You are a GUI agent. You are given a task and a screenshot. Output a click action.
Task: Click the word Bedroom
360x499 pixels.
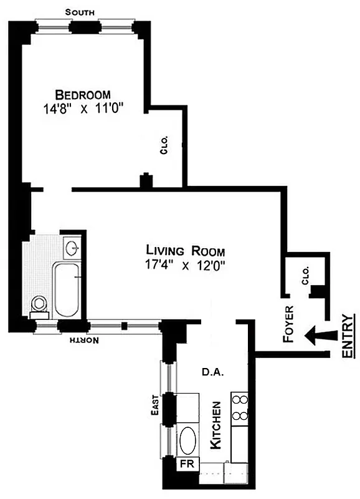[83, 95]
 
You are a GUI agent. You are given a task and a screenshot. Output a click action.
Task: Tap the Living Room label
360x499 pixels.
[181, 251]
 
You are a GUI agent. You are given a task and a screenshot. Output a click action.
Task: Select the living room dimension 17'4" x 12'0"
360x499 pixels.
[181, 265]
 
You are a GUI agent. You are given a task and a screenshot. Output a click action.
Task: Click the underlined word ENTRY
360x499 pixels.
[349, 337]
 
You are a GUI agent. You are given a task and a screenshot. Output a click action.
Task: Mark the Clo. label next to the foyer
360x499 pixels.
[305, 276]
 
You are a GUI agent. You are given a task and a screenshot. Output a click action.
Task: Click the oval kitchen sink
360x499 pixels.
[189, 441]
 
